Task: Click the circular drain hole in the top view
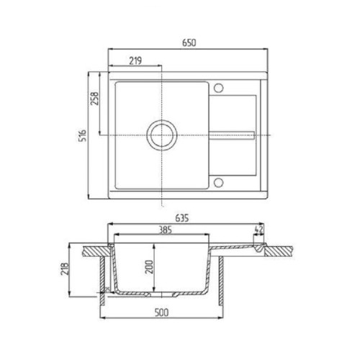(161, 135)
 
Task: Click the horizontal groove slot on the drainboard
(231, 135)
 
